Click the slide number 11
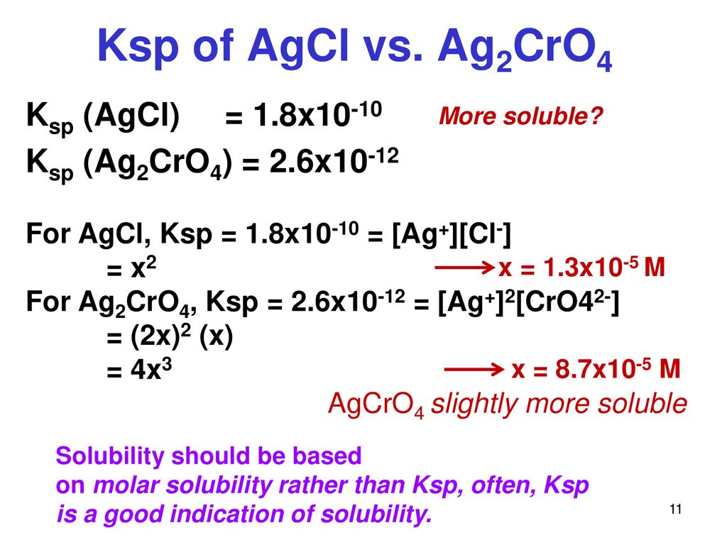point(676,509)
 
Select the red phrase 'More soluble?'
point(520,116)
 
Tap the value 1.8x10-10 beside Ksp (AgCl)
point(317,114)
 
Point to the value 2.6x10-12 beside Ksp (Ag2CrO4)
point(334,161)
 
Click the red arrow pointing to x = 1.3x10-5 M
point(464,267)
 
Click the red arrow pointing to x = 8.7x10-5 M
point(474,369)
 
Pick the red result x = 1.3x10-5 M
point(582,267)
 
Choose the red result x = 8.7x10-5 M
point(596,369)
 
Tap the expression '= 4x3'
point(139,369)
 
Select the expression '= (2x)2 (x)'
point(170,336)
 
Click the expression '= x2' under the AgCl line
point(131,268)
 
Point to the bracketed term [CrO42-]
point(567,302)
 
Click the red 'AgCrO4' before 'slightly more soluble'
point(376,404)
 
